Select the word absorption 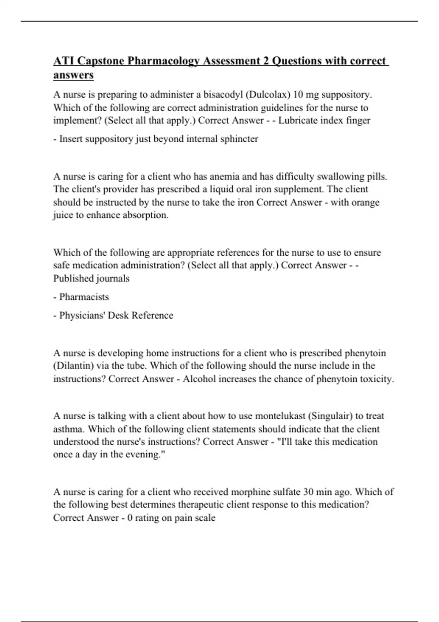(x=146, y=215)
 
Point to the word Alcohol (x=199, y=379)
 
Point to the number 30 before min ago (x=309, y=492)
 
